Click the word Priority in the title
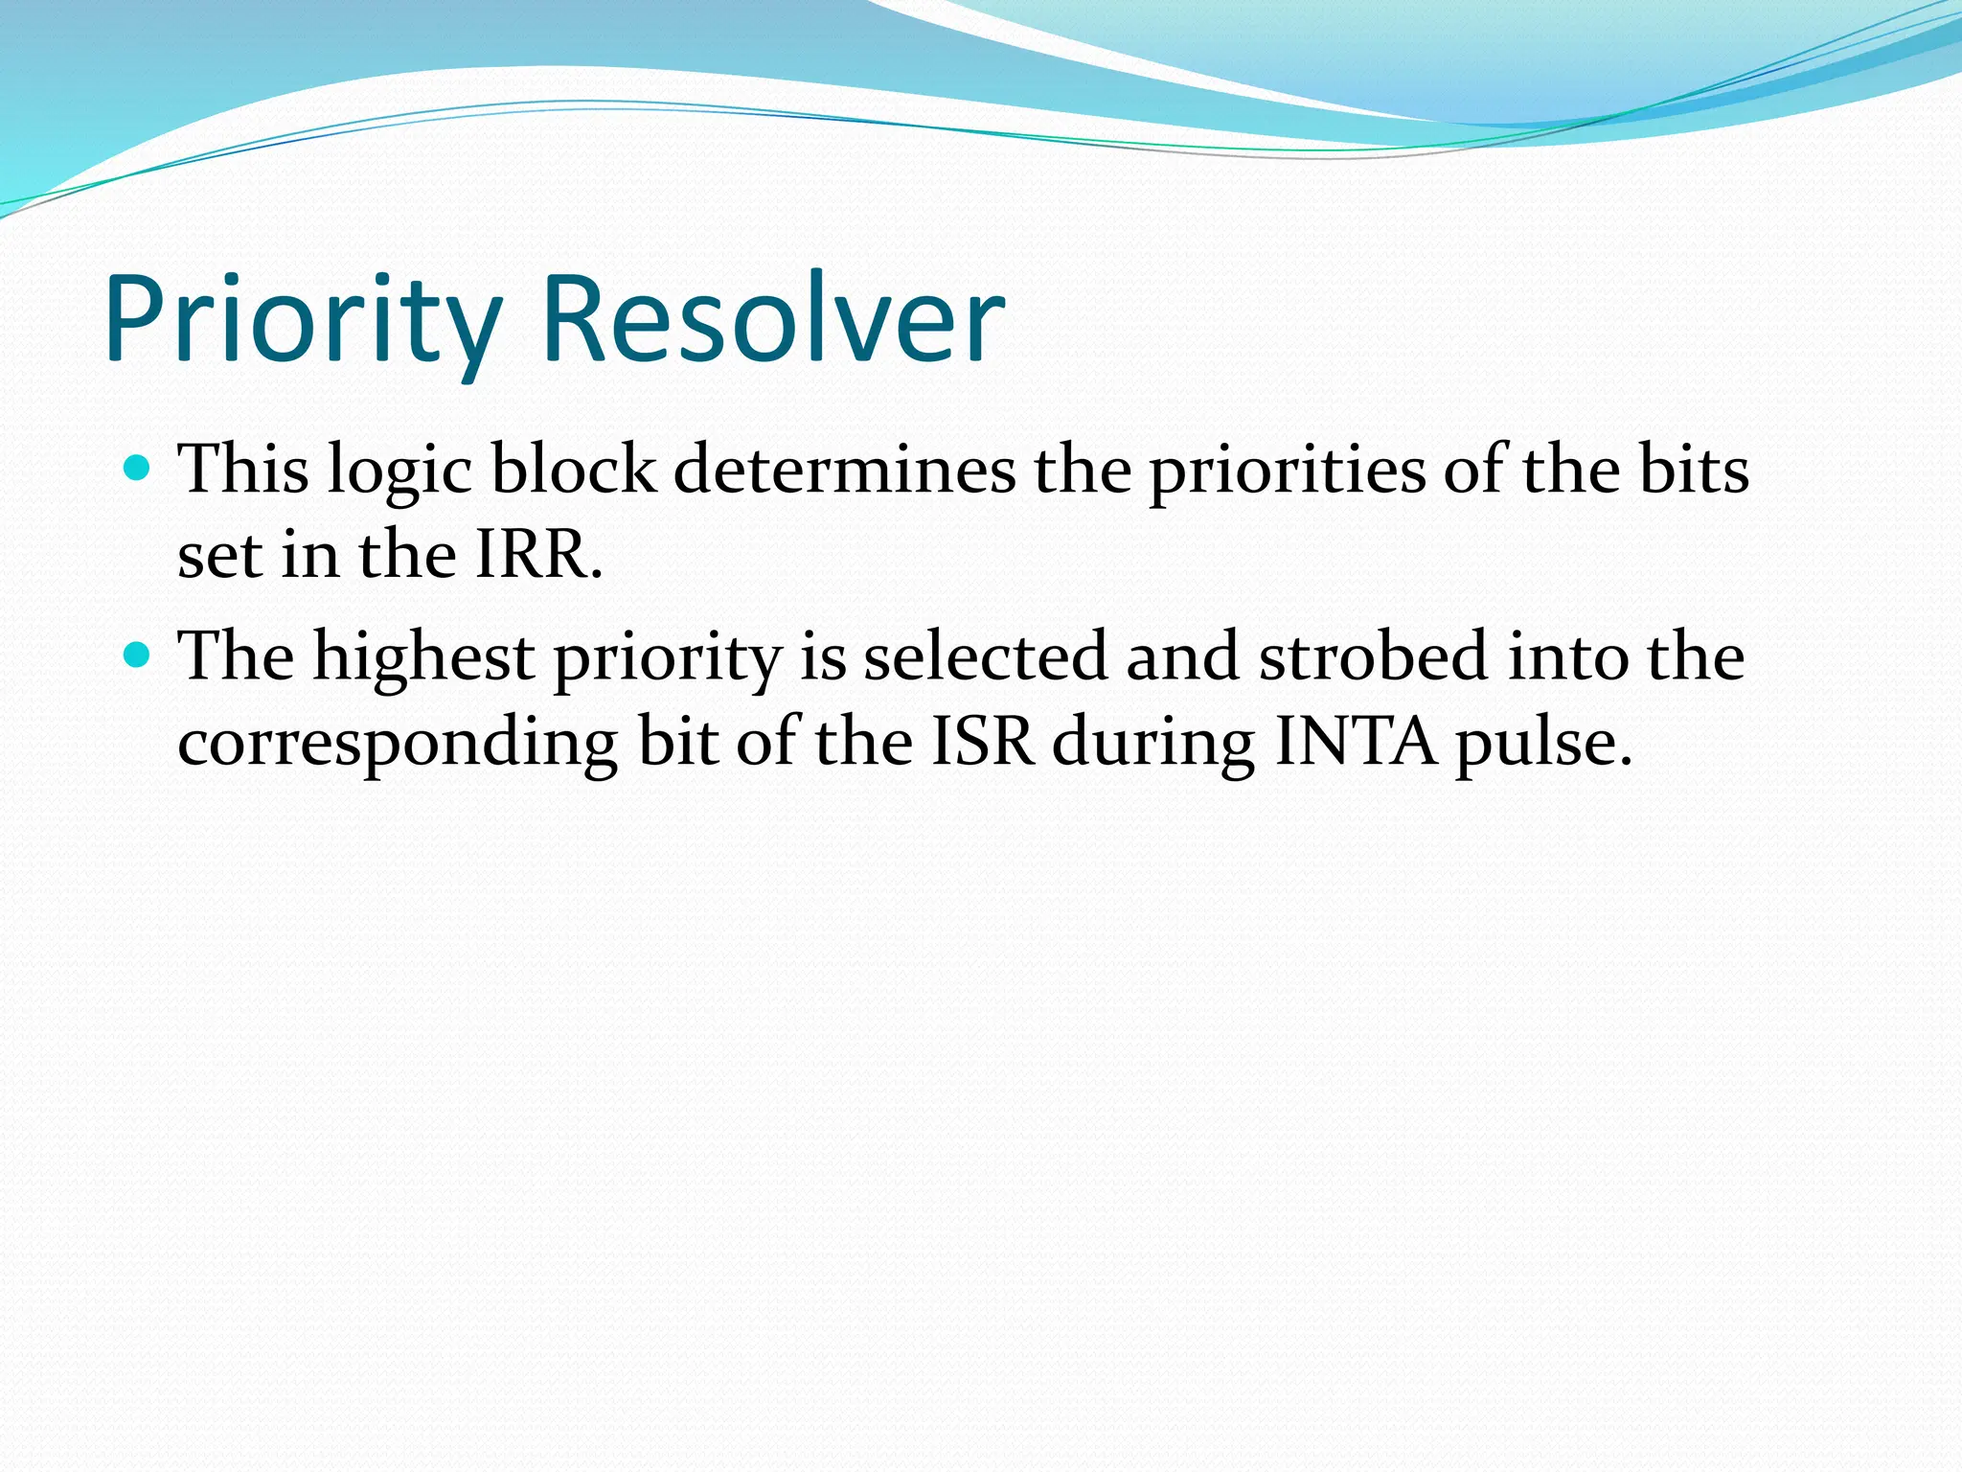click(x=303, y=320)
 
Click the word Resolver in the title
click(x=774, y=320)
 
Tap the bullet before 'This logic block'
click(x=139, y=469)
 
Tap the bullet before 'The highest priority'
click(x=139, y=655)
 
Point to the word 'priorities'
click(x=1288, y=471)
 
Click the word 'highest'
click(x=424, y=658)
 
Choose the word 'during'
click(x=1153, y=743)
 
